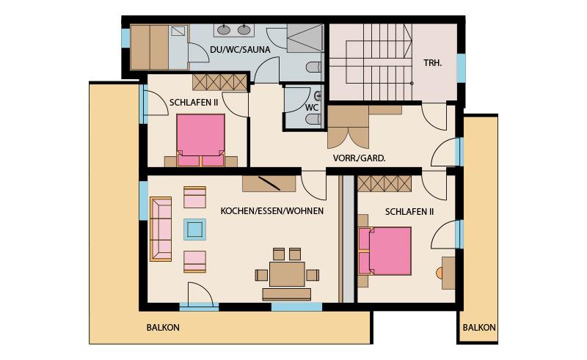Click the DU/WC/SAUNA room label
(x=240, y=50)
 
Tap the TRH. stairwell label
(x=433, y=63)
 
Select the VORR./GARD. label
(x=360, y=158)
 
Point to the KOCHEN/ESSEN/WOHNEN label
(x=272, y=211)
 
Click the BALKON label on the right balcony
(x=479, y=328)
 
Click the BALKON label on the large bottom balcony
(x=163, y=328)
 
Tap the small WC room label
(x=311, y=108)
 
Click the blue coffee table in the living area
(x=194, y=229)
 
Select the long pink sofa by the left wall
(x=161, y=229)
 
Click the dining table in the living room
(x=287, y=274)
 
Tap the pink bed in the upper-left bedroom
(x=200, y=140)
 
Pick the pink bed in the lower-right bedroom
(x=384, y=251)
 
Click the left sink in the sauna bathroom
(x=224, y=29)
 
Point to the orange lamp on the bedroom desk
(x=440, y=273)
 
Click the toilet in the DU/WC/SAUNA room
(x=314, y=67)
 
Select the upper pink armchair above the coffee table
(x=194, y=197)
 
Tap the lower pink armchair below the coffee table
(x=194, y=262)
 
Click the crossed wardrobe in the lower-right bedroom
(x=384, y=184)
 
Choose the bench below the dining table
(x=287, y=295)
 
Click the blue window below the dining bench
(x=296, y=307)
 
